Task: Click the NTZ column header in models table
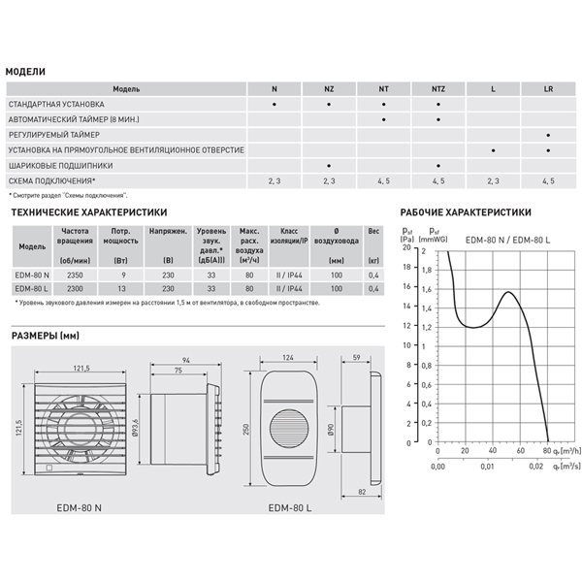pyautogui.click(x=438, y=88)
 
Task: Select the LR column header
pyautogui.click(x=549, y=88)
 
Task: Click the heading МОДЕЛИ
pyautogui.click(x=25, y=72)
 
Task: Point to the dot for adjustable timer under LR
pyautogui.click(x=549, y=135)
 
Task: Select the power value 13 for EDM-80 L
pyautogui.click(x=121, y=289)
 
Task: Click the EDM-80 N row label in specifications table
pyautogui.click(x=34, y=275)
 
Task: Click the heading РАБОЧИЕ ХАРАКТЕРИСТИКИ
pyautogui.click(x=466, y=211)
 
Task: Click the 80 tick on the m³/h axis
pyautogui.click(x=547, y=451)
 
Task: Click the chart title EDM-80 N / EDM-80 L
pyautogui.click(x=507, y=239)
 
